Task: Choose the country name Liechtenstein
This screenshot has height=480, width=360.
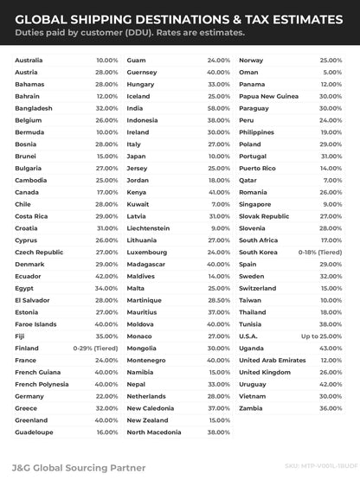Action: tap(151, 227)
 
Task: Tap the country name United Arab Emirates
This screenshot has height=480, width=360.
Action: tap(273, 359)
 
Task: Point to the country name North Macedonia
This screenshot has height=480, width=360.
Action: tap(154, 431)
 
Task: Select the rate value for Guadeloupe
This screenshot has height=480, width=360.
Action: tap(107, 431)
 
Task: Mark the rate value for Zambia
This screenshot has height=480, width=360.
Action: tap(331, 406)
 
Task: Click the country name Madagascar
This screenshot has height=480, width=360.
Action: tap(145, 263)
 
